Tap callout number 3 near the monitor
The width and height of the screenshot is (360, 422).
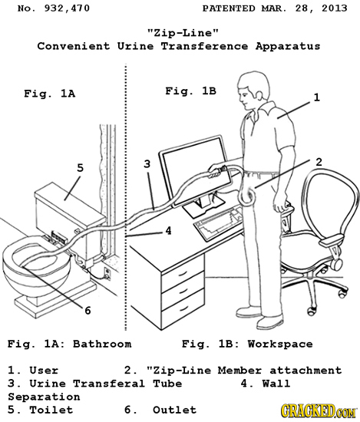click(x=147, y=163)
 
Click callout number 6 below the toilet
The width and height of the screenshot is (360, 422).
click(x=88, y=310)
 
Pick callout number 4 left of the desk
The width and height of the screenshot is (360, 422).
click(x=167, y=228)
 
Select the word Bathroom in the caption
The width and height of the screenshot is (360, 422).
click(x=101, y=343)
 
